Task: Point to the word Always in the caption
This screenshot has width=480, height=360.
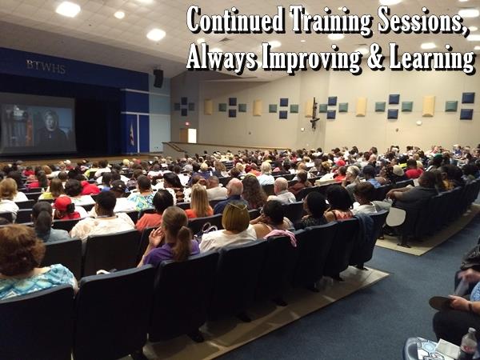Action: (x=222, y=57)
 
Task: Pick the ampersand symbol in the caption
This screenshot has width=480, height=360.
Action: (x=375, y=57)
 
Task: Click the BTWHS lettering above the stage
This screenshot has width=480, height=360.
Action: (x=46, y=66)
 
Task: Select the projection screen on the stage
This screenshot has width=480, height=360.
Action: (x=38, y=123)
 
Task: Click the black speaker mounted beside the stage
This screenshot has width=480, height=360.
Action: (x=158, y=78)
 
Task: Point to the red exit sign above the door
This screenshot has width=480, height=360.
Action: (x=186, y=123)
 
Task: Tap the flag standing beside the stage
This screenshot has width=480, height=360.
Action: (x=132, y=134)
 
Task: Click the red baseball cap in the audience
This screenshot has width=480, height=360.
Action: (x=63, y=203)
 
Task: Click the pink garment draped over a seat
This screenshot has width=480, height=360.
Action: (x=281, y=236)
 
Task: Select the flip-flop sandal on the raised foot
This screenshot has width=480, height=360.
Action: (x=442, y=303)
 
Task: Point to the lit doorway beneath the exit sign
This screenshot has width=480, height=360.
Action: (x=192, y=136)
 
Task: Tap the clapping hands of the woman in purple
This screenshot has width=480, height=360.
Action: (x=157, y=237)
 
